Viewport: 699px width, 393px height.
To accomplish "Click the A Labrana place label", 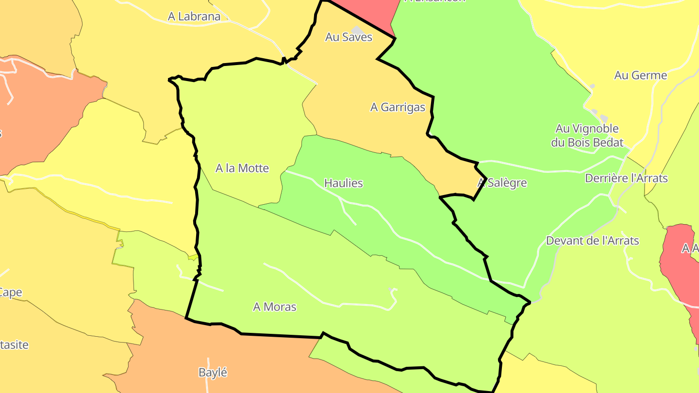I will (x=194, y=16).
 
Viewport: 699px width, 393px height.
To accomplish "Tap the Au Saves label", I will (x=349, y=37).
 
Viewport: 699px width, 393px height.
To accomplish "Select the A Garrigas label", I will (x=398, y=107).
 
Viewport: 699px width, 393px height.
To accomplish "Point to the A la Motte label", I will (x=242, y=168).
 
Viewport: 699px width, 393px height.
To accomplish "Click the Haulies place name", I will (x=343, y=183).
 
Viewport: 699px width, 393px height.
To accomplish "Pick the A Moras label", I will (x=275, y=307).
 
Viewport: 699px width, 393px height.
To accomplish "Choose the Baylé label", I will (x=213, y=373).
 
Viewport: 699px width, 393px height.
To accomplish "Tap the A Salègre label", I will (x=502, y=183).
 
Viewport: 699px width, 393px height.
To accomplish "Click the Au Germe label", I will (x=640, y=76).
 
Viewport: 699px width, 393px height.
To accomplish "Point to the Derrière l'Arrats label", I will (x=626, y=179).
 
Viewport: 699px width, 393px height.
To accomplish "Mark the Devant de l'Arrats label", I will (x=592, y=241).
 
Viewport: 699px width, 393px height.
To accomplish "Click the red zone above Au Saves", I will (x=369, y=12).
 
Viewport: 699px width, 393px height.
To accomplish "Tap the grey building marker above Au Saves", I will (x=358, y=30).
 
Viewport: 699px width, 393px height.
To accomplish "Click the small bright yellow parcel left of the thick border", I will (x=193, y=257).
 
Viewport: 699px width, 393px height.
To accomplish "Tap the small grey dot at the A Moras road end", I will (x=390, y=290).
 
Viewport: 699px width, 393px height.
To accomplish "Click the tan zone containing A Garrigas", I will (x=369, y=82).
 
